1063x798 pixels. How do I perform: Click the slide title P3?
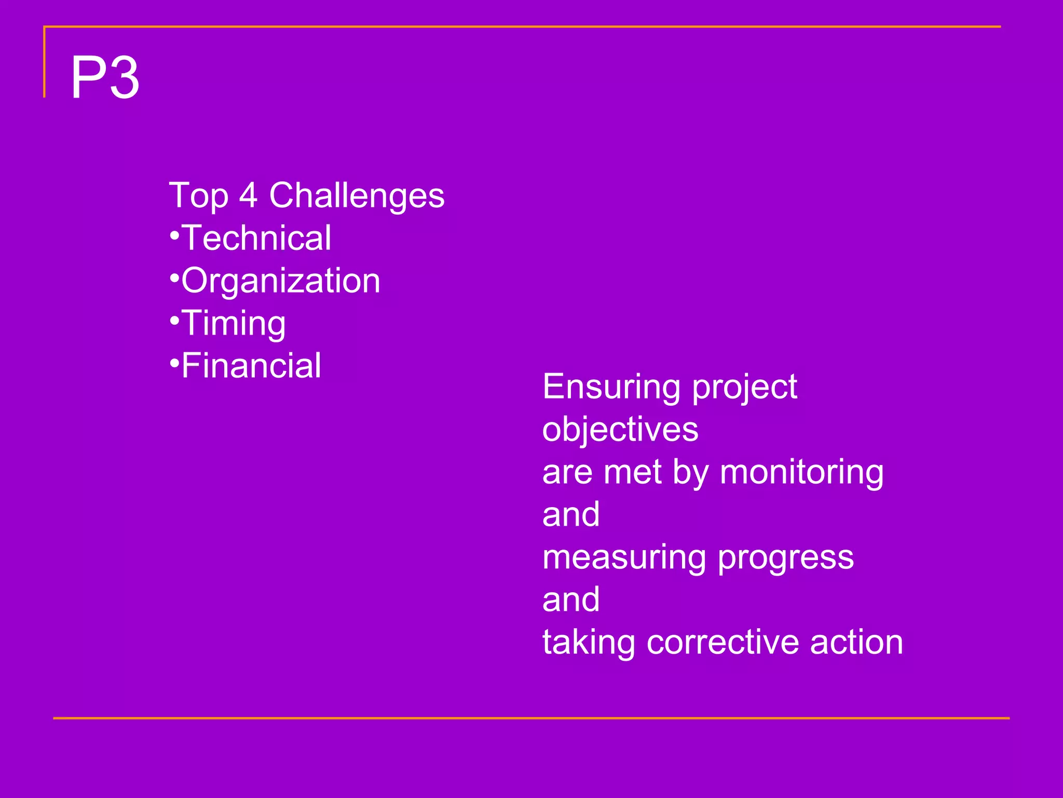105,78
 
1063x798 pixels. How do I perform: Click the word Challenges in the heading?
357,196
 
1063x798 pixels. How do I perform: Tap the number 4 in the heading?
248,196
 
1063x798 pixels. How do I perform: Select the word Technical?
256,238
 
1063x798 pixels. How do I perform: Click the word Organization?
281,281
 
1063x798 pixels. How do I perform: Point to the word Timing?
234,324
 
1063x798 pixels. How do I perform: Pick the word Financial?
251,366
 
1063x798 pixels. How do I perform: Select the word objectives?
620,430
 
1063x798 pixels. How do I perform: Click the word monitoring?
801,473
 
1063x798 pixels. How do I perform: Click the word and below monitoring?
571,515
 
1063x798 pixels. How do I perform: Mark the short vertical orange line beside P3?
45,62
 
